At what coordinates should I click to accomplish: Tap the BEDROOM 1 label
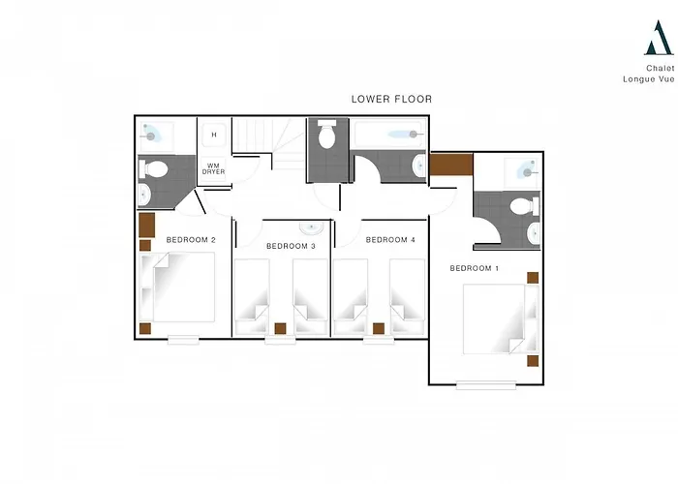click(x=475, y=268)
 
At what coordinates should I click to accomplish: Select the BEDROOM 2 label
click(x=191, y=240)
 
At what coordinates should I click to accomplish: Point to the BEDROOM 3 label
click(x=291, y=246)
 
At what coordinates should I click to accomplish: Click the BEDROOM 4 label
click(x=390, y=240)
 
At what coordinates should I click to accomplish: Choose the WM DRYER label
click(x=214, y=168)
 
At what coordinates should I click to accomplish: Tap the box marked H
click(x=214, y=135)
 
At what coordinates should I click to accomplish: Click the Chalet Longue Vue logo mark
click(x=659, y=38)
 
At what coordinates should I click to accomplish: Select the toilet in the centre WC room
click(x=327, y=134)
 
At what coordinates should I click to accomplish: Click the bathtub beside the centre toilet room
click(x=389, y=134)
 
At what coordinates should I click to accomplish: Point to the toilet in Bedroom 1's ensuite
click(x=525, y=206)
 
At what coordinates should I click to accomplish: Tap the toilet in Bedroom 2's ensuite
click(x=153, y=169)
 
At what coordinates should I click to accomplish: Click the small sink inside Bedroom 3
click(x=311, y=227)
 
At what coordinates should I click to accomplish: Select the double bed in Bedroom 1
click(x=501, y=318)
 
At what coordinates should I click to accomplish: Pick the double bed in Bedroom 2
click(x=177, y=287)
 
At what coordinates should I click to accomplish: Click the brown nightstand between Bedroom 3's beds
click(x=280, y=328)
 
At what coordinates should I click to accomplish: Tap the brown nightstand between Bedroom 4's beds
click(x=379, y=328)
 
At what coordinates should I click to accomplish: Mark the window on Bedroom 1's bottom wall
click(x=486, y=385)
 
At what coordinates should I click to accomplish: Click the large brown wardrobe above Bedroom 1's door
click(x=451, y=165)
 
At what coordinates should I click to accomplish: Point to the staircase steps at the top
click(x=269, y=139)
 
